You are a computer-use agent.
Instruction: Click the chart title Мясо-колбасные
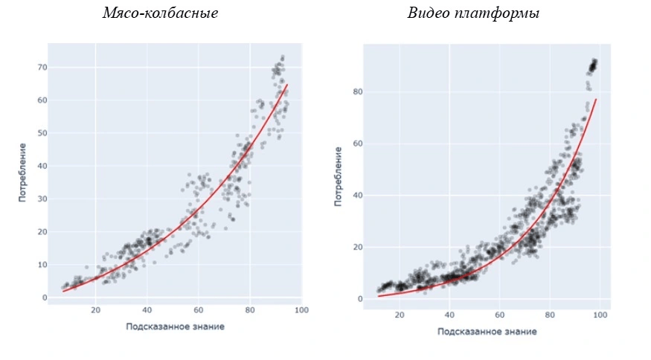160,13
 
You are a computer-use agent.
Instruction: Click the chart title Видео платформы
473,13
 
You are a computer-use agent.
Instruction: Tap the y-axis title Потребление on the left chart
24,172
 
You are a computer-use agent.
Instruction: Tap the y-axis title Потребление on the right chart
339,177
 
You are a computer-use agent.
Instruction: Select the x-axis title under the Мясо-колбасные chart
175,326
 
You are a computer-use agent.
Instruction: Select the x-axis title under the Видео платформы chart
487,332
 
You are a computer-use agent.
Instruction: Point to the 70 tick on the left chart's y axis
42,68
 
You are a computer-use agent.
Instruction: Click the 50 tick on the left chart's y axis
42,133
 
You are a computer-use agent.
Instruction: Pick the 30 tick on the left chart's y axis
42,199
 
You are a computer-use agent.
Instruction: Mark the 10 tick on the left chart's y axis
42,265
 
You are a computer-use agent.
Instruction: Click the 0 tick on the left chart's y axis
45,298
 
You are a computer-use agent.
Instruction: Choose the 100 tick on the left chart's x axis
301,310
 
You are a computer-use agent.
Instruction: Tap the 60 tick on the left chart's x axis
199,310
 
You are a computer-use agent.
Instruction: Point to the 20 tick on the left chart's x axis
96,310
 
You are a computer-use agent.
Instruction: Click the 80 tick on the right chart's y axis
357,92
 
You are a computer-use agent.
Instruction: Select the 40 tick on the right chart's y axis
357,196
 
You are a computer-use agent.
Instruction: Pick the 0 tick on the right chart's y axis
359,299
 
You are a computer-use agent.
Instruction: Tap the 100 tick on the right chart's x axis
600,316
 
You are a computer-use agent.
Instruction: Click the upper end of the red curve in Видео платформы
597,99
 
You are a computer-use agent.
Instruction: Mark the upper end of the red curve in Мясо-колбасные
288,85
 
